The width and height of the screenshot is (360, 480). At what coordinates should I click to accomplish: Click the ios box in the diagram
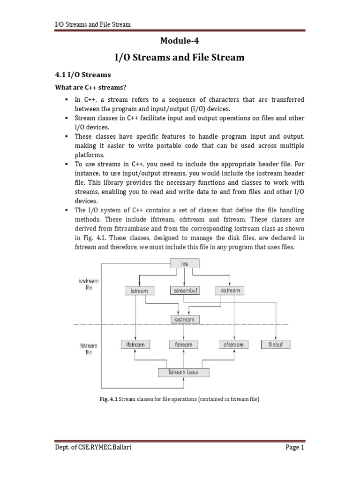184,264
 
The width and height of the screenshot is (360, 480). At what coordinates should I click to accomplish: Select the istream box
137,291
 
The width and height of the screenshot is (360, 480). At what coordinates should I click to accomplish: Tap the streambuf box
184,291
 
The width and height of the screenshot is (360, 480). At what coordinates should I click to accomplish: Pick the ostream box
230,291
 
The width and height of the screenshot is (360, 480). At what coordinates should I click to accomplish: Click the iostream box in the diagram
184,320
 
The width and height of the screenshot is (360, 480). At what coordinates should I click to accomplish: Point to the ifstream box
135,345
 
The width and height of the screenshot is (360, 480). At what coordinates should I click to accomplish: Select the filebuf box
276,345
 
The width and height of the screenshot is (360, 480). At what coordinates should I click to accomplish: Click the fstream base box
183,373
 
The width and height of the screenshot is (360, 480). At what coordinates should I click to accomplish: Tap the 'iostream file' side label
89,284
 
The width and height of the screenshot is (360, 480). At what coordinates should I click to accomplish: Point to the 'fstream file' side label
89,348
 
